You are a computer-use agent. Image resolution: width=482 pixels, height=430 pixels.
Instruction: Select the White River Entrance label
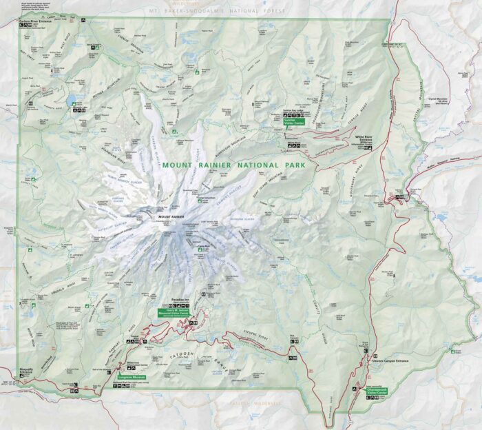pos(364,139)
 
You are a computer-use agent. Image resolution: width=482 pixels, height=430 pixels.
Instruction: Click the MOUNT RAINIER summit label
pos(171,217)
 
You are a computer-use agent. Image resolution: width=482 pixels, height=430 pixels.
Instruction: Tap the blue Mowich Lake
pos(72,103)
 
